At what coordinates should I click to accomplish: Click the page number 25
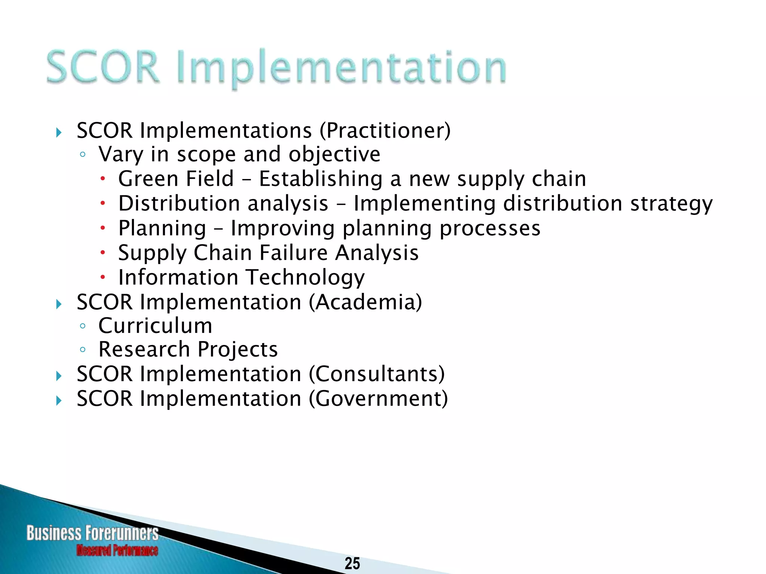click(352, 563)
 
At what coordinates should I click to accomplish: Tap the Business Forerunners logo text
click(92, 533)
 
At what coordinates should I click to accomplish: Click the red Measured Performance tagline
click(117, 550)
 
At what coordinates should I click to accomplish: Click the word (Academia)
click(365, 302)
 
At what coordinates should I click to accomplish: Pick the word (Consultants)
click(377, 374)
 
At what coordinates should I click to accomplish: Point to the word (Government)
click(378, 398)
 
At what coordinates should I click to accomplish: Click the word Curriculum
click(155, 325)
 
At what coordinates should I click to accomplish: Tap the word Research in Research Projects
click(144, 349)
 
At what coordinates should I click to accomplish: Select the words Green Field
click(176, 179)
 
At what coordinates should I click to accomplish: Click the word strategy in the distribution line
click(671, 204)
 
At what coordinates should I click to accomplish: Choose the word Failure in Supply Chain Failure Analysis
click(293, 253)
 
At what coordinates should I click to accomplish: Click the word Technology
click(305, 278)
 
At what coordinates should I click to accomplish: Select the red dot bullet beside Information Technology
click(102, 277)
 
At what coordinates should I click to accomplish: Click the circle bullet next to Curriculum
click(83, 326)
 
